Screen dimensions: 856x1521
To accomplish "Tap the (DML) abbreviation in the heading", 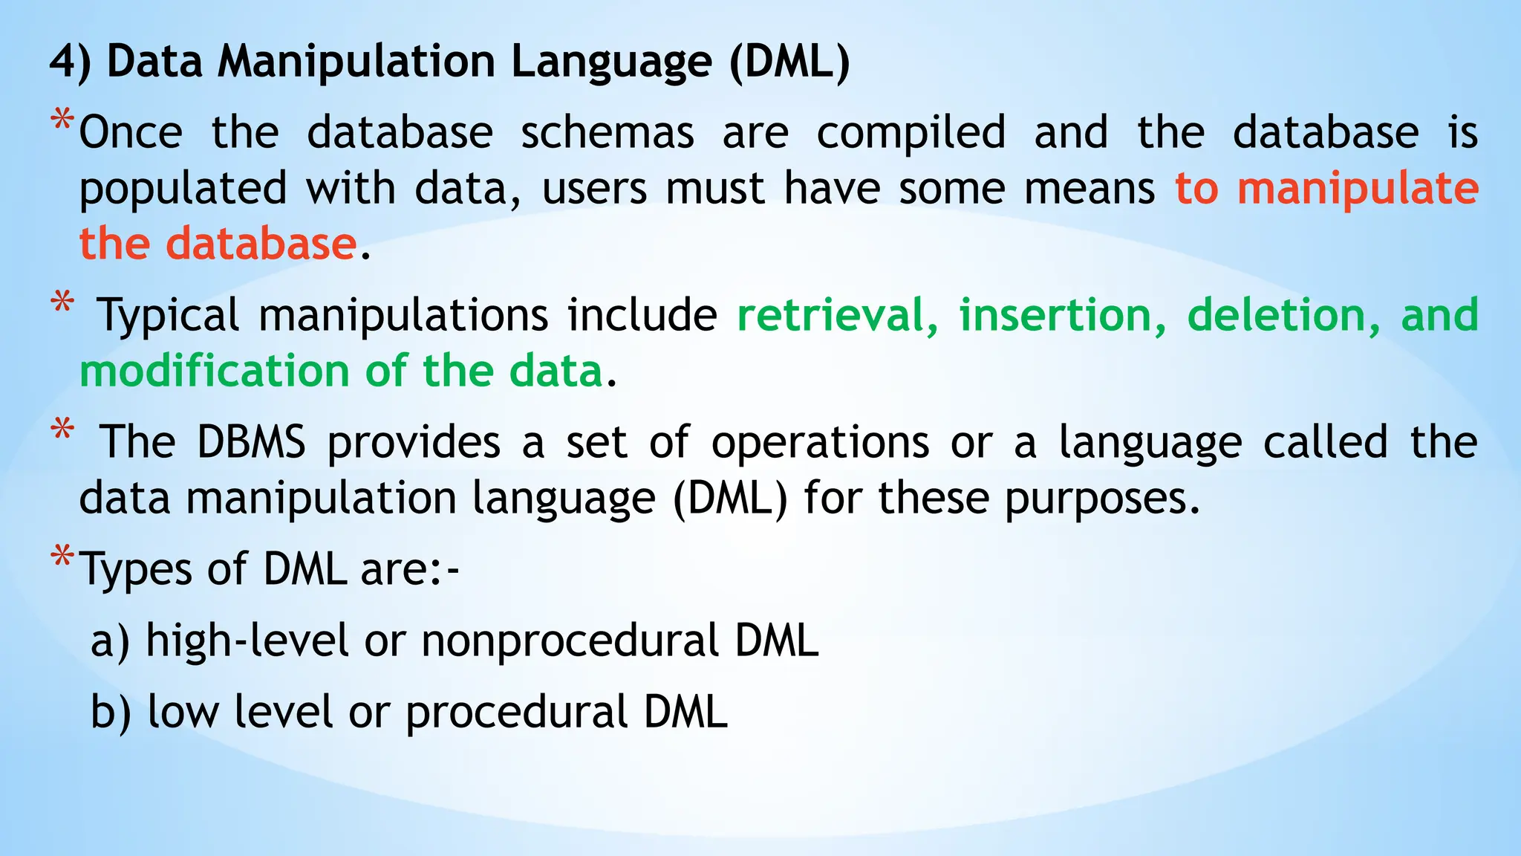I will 789,61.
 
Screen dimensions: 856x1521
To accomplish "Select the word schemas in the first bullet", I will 607,133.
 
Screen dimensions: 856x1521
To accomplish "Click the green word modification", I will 214,371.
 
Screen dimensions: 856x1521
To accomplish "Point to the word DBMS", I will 251,442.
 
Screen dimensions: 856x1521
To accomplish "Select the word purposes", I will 1102,499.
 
